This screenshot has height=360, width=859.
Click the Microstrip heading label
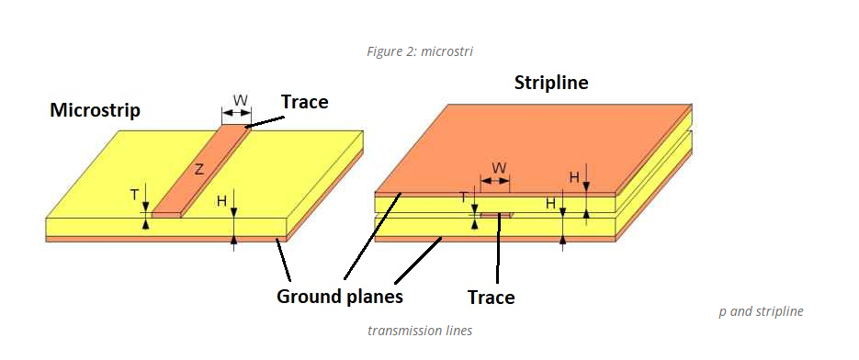(x=95, y=110)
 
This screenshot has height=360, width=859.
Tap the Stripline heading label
(x=551, y=84)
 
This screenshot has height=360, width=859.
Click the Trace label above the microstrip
(x=304, y=102)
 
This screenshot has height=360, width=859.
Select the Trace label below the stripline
(x=491, y=297)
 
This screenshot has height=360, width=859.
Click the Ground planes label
(x=340, y=297)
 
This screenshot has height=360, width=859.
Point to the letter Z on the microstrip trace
(x=198, y=168)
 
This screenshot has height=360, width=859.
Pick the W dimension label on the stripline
(x=499, y=168)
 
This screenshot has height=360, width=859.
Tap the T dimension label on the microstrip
(x=134, y=195)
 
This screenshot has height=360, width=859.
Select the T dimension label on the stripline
(x=464, y=197)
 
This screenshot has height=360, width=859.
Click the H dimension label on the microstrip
(x=221, y=199)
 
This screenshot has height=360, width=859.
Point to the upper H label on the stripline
(x=573, y=177)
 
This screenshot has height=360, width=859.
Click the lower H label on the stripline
(x=550, y=203)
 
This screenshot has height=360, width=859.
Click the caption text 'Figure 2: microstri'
(x=420, y=51)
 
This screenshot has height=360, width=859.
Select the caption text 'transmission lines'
(x=420, y=331)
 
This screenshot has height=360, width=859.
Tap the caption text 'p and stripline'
(x=761, y=311)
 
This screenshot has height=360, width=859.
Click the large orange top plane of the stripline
(x=533, y=147)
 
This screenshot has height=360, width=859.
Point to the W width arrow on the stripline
(x=497, y=182)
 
